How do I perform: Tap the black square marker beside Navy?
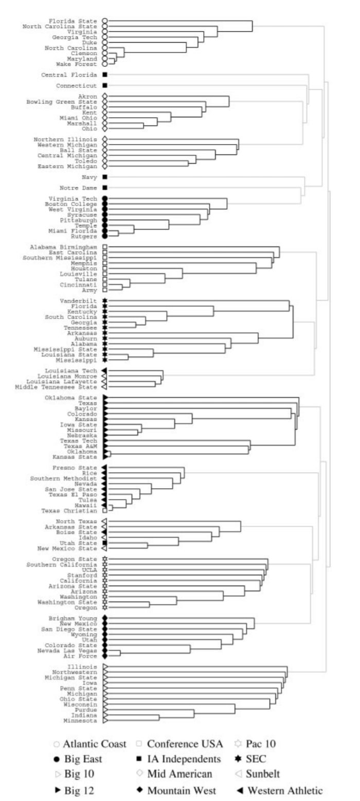tap(105, 177)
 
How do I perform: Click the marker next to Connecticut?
tap(105, 85)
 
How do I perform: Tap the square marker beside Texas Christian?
tap(105, 511)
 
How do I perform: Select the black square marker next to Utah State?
tap(105, 543)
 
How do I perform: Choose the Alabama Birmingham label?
tap(63, 247)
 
